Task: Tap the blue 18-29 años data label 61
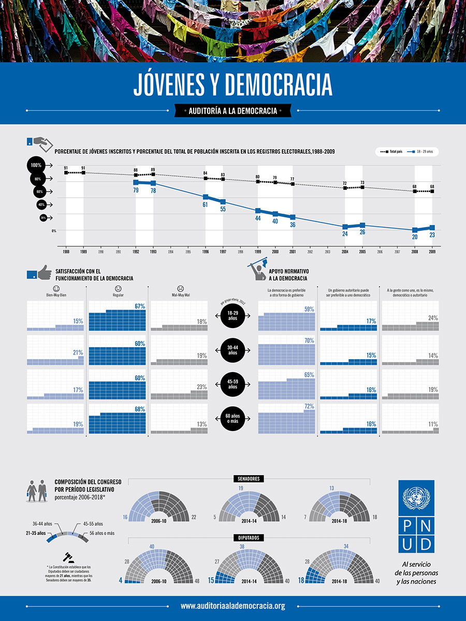point(206,205)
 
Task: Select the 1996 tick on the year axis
point(206,252)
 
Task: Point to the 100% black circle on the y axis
point(36,165)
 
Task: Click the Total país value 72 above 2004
point(345,184)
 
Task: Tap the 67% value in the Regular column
point(140,306)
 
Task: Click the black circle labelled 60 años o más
point(232,418)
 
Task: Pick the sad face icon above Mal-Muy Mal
point(180,288)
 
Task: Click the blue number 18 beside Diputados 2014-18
point(301,581)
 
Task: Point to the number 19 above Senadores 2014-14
point(241,489)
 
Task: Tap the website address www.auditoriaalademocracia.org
point(233,606)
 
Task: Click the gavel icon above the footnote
point(67,557)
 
